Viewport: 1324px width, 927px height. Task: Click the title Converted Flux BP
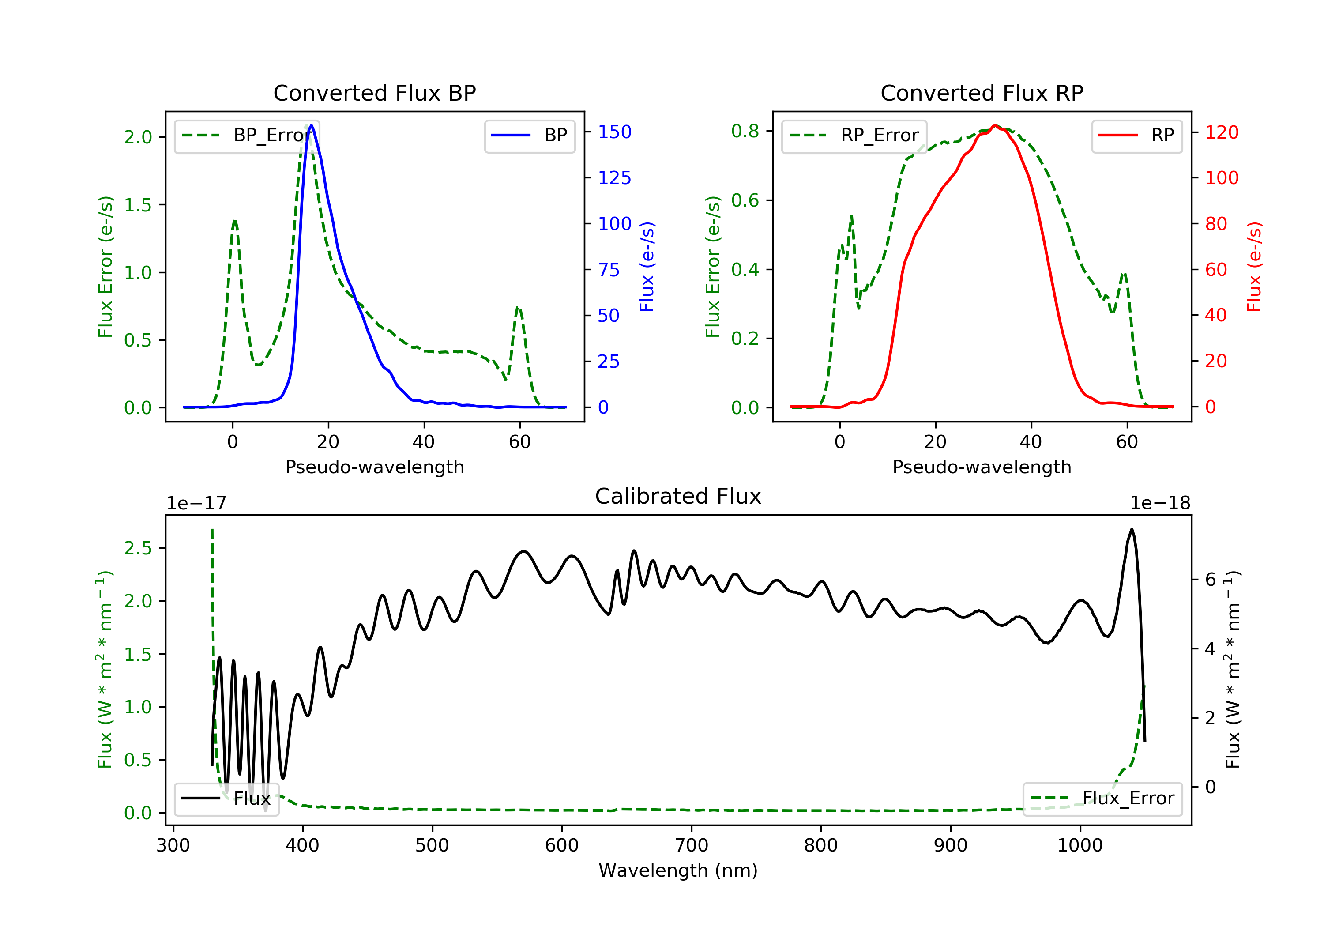[x=374, y=93]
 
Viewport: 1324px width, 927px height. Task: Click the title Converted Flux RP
[x=982, y=93]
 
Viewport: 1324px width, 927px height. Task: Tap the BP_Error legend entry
[x=247, y=136]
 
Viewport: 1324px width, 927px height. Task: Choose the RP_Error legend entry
[x=854, y=136]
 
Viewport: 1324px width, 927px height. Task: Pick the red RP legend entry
[x=1136, y=136]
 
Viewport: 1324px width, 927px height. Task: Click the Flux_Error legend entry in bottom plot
[x=1102, y=799]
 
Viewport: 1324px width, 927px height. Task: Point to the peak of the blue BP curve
[x=312, y=125]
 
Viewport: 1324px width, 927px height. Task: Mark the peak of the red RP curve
[x=995, y=125]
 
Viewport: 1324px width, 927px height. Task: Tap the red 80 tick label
[x=1216, y=223]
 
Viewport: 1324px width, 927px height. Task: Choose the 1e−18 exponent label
[x=1160, y=503]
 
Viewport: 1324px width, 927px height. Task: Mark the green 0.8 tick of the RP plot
[x=745, y=131]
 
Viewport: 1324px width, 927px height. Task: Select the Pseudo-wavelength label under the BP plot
[x=374, y=467]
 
